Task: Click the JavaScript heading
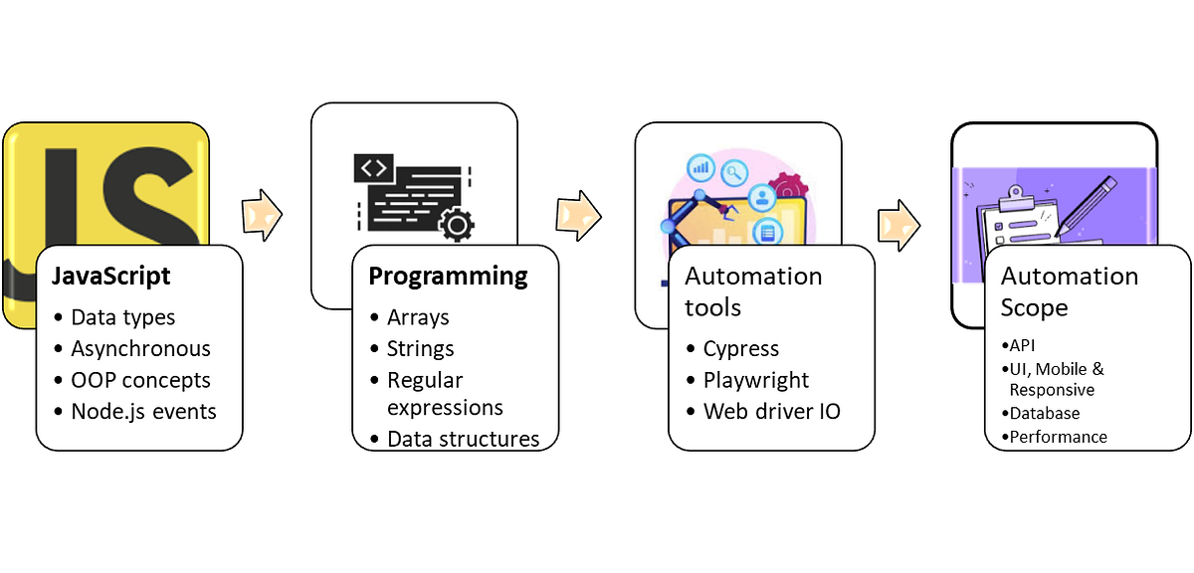(x=111, y=276)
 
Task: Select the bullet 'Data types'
(x=122, y=317)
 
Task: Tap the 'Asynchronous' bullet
(x=140, y=348)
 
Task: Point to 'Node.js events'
(x=143, y=410)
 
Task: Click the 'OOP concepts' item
(x=140, y=379)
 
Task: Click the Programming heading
(x=448, y=276)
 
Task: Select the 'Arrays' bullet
(x=418, y=317)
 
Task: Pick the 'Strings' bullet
(x=420, y=348)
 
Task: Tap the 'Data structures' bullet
(x=463, y=438)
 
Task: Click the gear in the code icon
(x=456, y=226)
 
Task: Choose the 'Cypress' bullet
(x=740, y=348)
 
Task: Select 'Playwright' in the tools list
(x=756, y=379)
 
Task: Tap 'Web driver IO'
(x=771, y=410)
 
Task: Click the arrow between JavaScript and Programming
(x=261, y=213)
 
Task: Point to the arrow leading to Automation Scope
(x=898, y=225)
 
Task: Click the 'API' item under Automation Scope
(x=1022, y=346)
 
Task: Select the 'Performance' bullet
(x=1057, y=436)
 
